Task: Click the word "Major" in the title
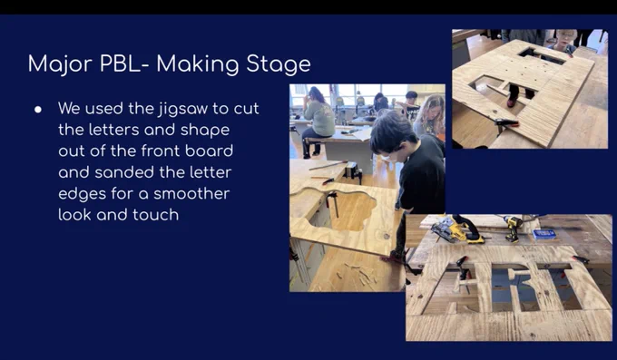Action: (60, 64)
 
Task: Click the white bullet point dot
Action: (38, 110)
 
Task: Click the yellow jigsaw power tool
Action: (457, 229)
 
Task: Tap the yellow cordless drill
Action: (514, 229)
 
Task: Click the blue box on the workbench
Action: (544, 234)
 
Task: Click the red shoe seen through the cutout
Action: (511, 102)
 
